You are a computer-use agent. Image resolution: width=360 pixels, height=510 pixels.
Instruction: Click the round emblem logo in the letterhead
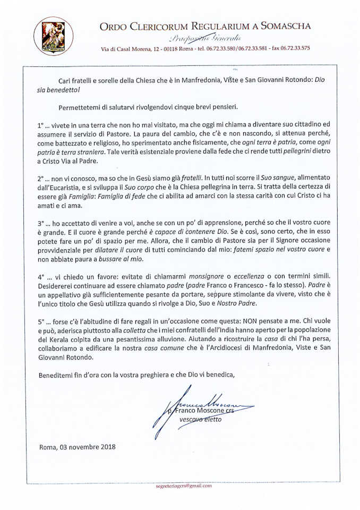coord(46,36)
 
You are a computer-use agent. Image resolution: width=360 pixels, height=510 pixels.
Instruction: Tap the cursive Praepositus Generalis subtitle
coord(204,38)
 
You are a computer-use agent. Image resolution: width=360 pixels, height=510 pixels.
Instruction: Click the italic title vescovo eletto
coord(201,420)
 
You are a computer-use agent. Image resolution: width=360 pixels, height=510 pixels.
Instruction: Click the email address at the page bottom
coord(184,486)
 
